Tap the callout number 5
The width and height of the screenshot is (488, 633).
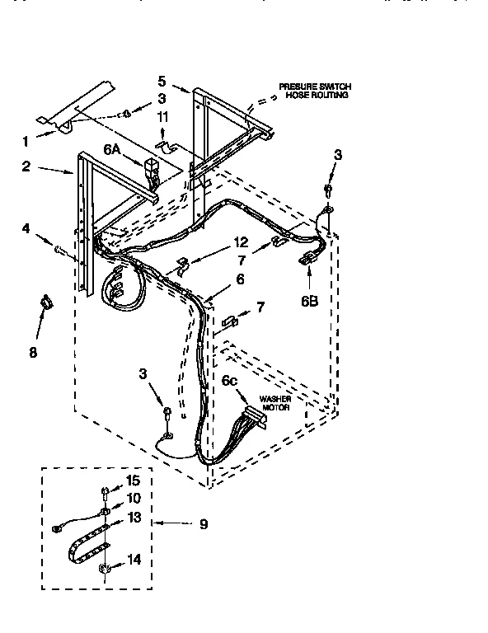point(162,80)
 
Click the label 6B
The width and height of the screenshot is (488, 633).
point(309,302)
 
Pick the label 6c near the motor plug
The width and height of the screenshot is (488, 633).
point(230,381)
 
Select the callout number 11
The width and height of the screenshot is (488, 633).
point(162,118)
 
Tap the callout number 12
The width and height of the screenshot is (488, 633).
point(240,242)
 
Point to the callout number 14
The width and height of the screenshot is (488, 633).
point(134,559)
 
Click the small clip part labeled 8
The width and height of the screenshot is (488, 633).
point(47,302)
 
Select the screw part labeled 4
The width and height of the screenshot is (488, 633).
point(59,248)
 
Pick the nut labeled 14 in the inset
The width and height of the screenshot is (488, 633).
point(105,569)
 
